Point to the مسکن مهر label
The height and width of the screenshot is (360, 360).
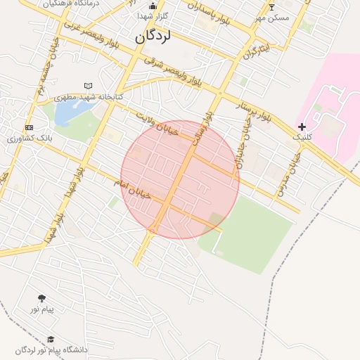(x=272, y=18)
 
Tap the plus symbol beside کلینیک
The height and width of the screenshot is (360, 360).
(x=302, y=127)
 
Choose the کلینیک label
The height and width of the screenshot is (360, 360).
(x=303, y=139)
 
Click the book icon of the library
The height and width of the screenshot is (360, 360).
(x=88, y=86)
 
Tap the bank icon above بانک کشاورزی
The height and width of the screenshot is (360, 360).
(x=29, y=127)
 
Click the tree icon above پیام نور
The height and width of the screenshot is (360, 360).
(x=41, y=298)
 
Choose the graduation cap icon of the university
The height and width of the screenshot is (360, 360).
(x=51, y=340)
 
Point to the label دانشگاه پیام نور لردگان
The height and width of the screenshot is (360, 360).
(x=51, y=349)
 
